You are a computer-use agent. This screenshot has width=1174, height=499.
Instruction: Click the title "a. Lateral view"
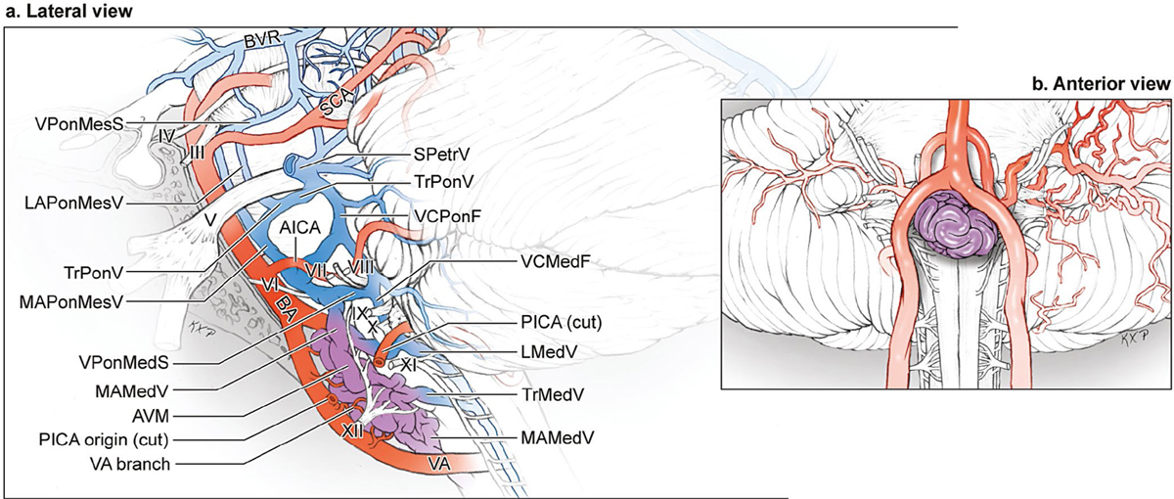[68, 12]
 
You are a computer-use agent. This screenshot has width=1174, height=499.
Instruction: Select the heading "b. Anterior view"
[1102, 84]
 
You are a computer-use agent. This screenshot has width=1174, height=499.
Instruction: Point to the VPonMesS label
[78, 123]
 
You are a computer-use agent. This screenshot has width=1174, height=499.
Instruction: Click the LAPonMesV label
[74, 203]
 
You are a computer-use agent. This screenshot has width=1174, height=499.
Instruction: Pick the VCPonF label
[447, 215]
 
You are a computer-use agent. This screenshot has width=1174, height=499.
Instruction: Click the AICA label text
[299, 227]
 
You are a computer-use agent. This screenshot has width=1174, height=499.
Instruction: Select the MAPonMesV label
[70, 302]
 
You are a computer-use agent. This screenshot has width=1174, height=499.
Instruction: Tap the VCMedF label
[556, 260]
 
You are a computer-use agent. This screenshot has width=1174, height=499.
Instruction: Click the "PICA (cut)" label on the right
[562, 322]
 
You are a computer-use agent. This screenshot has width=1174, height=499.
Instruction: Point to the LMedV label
[549, 351]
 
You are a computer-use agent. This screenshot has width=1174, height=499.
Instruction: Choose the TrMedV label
[553, 394]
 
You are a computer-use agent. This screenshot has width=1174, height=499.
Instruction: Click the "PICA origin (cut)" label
[104, 439]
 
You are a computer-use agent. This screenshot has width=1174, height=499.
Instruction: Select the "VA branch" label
[129, 464]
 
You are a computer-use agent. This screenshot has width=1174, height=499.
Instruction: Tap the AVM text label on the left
[151, 416]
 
